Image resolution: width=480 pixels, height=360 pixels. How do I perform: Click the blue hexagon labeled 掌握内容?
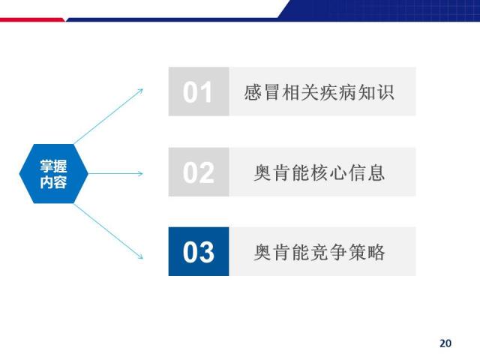click(x=53, y=173)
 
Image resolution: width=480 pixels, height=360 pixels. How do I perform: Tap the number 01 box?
click(x=199, y=91)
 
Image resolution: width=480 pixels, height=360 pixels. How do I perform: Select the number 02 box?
click(x=199, y=172)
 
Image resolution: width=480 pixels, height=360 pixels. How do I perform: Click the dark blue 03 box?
click(x=199, y=252)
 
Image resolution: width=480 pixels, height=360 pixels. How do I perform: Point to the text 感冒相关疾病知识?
click(x=319, y=92)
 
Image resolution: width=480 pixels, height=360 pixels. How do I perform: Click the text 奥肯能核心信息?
click(x=319, y=172)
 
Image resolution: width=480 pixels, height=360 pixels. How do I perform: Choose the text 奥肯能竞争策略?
click(x=319, y=252)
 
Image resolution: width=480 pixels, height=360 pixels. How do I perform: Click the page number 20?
click(x=445, y=343)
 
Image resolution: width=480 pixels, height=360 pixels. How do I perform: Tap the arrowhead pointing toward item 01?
click(x=140, y=91)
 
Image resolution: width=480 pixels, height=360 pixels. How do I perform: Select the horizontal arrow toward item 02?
click(x=115, y=173)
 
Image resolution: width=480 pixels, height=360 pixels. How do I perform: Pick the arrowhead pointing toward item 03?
click(x=140, y=256)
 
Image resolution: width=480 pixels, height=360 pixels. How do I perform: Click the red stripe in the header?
click(x=32, y=20)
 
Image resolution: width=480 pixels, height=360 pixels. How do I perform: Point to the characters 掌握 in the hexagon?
click(x=53, y=166)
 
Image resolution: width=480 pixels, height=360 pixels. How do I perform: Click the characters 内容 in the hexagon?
click(x=53, y=181)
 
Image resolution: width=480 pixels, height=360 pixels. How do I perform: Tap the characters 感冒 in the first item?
click(x=262, y=92)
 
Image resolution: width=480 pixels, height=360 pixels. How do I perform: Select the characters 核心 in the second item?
click(x=328, y=172)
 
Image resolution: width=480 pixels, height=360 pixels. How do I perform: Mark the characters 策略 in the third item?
click(x=367, y=252)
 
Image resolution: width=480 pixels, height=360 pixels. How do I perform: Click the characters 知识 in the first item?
click(x=376, y=92)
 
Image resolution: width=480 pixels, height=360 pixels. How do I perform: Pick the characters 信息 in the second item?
click(x=367, y=172)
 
